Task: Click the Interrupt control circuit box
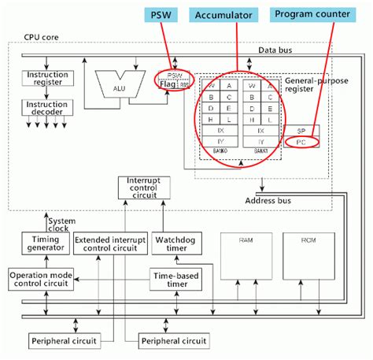(x=142, y=187)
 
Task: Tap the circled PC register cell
(x=301, y=142)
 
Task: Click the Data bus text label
(x=275, y=50)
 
